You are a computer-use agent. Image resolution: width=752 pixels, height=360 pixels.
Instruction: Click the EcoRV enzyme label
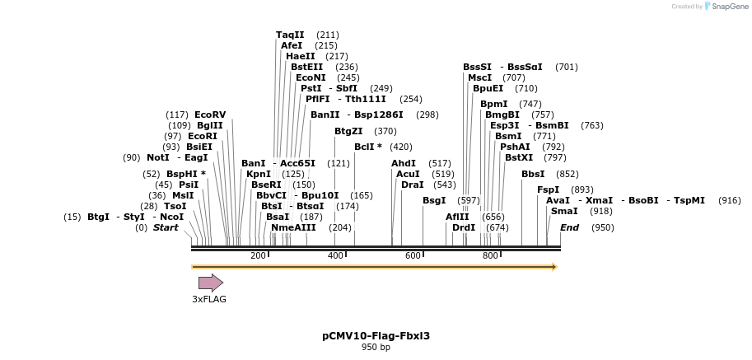210,115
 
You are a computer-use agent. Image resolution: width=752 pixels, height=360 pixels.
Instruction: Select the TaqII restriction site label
290,35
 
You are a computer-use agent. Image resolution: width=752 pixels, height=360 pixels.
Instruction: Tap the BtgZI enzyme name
348,131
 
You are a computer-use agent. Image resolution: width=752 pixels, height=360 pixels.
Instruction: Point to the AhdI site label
404,163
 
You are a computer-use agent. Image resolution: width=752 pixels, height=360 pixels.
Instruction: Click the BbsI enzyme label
533,174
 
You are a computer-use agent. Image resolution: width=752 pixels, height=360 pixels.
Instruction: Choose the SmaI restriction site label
564,211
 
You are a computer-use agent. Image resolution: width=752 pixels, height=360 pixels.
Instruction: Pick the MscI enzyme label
479,77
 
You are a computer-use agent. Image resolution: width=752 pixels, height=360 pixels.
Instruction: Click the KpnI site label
259,174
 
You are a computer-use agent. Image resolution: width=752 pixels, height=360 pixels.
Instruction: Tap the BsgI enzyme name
434,200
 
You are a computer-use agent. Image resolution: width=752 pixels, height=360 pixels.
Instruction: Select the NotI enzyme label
158,157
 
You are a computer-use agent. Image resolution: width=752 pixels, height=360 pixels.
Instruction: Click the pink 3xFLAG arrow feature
210,283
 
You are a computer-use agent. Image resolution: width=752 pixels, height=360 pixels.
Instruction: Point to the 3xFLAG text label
209,299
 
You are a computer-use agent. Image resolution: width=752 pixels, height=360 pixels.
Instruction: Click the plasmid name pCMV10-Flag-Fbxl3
376,335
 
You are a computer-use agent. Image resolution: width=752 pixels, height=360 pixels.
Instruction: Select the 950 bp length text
376,348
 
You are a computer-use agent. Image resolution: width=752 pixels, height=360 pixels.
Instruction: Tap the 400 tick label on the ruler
335,255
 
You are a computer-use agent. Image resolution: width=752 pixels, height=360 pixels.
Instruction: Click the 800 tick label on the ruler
490,255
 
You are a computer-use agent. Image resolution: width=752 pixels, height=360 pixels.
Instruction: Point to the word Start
166,227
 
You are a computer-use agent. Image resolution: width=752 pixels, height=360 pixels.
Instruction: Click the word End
569,227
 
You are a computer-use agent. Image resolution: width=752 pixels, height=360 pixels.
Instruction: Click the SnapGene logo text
728,7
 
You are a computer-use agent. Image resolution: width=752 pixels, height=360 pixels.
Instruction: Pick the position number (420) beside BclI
401,147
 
